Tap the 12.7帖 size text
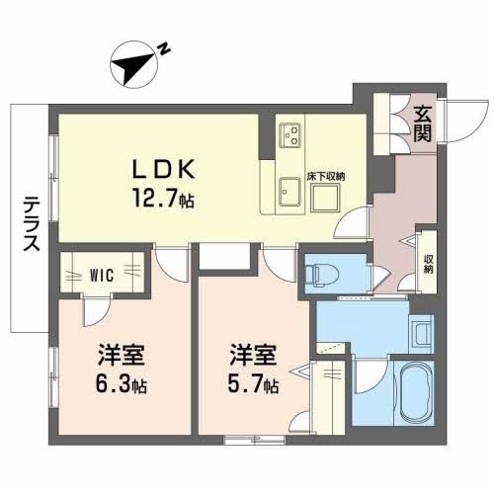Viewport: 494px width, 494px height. pyautogui.click(x=158, y=198)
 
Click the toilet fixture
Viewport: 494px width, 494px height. pyautogui.click(x=322, y=272)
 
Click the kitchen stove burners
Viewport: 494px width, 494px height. pyautogui.click(x=291, y=132)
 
